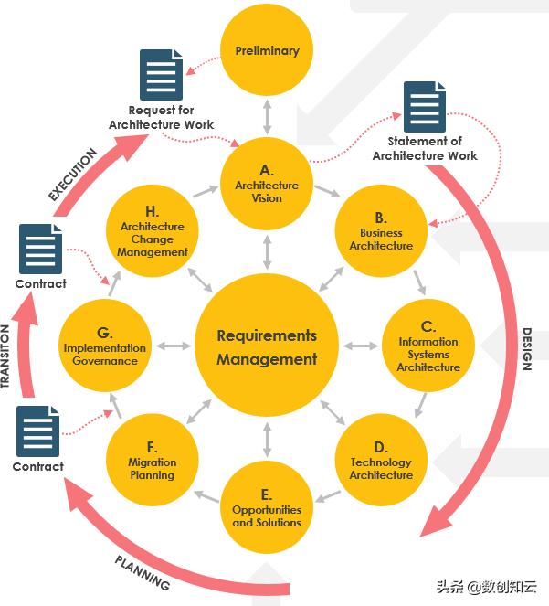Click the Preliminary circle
pyautogui.click(x=267, y=50)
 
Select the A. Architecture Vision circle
pyautogui.click(x=267, y=184)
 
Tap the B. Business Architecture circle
pyautogui.click(x=381, y=232)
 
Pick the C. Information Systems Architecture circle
pyautogui.click(x=428, y=346)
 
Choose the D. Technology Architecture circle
pyautogui.click(x=381, y=461)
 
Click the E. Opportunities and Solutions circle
pyautogui.click(x=267, y=508)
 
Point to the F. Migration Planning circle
pyautogui.click(x=153, y=461)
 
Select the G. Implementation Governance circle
pyautogui.click(x=105, y=346)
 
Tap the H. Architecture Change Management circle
pyautogui.click(x=153, y=232)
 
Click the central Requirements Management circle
pyautogui.click(x=267, y=347)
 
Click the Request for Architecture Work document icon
pyautogui.click(x=162, y=76)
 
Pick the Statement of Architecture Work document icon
pyautogui.click(x=425, y=107)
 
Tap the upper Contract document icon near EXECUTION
pyautogui.click(x=40, y=248)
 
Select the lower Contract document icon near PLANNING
pyautogui.click(x=38, y=431)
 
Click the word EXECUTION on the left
pyautogui.click(x=72, y=174)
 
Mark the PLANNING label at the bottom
pyautogui.click(x=143, y=571)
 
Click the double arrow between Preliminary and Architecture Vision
pyautogui.click(x=267, y=115)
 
